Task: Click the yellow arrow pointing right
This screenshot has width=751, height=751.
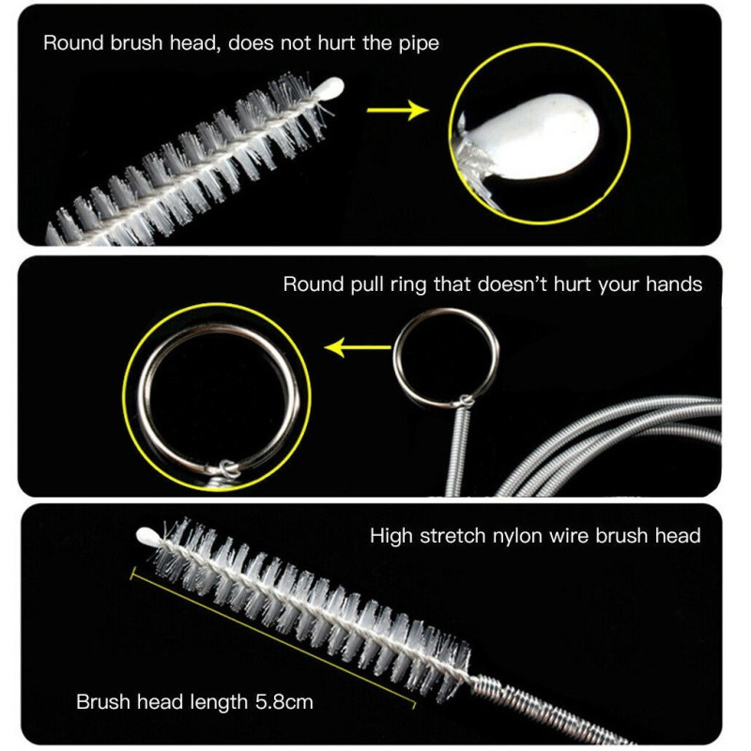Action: tap(397, 110)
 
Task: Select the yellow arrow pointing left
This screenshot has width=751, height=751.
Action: tap(358, 347)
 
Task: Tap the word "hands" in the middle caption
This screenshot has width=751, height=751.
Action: tap(674, 284)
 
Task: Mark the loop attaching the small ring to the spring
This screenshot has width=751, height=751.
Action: tap(465, 401)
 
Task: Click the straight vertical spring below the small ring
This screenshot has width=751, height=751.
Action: tap(458, 452)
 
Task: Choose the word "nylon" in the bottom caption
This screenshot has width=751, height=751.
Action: tap(517, 536)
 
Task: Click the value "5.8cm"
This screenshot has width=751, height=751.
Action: tap(284, 702)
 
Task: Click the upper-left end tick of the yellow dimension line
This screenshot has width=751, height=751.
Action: tap(132, 574)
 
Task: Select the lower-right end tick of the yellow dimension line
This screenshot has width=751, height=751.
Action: tap(413, 705)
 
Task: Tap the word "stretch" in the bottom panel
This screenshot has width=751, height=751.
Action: tap(452, 535)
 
